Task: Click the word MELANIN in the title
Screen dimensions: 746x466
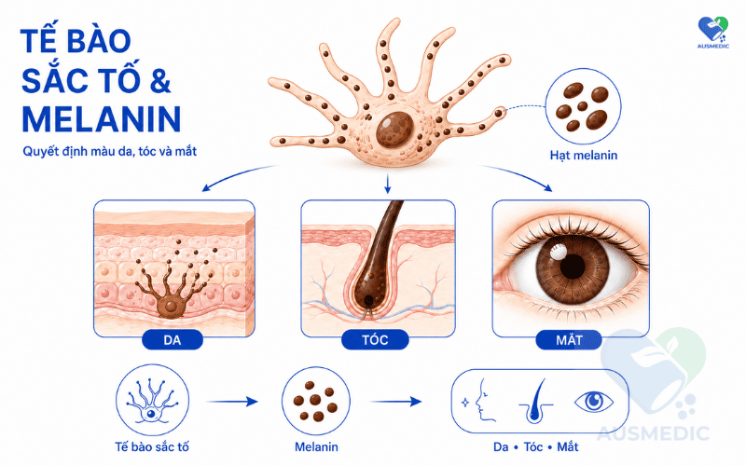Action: click(102, 119)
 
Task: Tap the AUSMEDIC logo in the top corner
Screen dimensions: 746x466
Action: click(712, 32)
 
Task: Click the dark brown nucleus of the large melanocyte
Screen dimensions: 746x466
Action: click(394, 130)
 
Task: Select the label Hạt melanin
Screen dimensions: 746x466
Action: click(584, 156)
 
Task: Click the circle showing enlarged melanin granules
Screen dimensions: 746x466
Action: click(583, 106)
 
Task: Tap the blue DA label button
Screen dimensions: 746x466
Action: click(173, 340)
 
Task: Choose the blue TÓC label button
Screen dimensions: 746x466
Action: click(375, 340)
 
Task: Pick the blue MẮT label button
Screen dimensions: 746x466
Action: click(569, 340)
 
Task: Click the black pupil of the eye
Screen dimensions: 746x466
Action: click(573, 267)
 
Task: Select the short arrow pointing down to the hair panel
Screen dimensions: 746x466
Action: click(387, 184)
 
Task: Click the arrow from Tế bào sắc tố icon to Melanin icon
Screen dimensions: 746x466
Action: click(232, 402)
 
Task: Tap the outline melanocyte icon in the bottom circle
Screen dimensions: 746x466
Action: click(151, 403)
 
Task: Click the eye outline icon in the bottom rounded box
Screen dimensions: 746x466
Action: click(594, 402)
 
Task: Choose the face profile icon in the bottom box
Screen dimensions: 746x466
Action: click(481, 401)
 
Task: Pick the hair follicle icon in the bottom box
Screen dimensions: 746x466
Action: click(536, 402)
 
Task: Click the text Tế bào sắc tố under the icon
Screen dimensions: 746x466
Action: click(152, 447)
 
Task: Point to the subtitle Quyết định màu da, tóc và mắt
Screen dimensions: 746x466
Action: click(110, 152)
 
